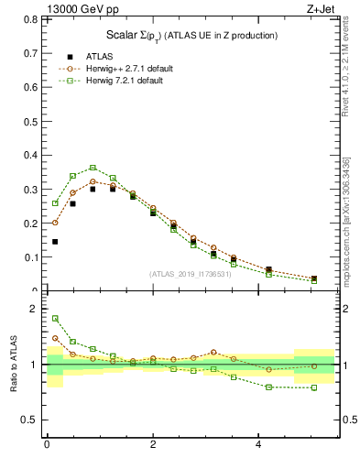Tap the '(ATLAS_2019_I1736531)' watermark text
[x=190, y=273]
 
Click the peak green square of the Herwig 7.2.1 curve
[x=93, y=168]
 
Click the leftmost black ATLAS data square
[x=55, y=242]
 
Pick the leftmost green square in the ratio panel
[x=55, y=319]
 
